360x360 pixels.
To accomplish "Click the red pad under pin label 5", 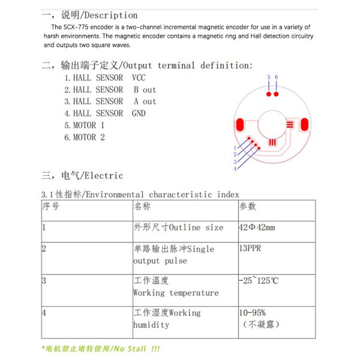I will tap(269, 94).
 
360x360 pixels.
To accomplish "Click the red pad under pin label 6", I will tap(276, 94).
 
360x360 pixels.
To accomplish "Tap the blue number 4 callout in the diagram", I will tap(235, 169).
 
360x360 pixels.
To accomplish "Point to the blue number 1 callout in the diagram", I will tap(235, 148).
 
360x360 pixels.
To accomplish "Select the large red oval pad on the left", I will tap(241, 125).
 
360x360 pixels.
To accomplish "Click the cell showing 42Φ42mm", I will tap(257, 227).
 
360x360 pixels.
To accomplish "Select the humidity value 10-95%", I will tap(253, 313).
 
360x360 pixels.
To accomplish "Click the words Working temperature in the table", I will tap(176, 293).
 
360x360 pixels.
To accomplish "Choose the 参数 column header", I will tap(248, 206).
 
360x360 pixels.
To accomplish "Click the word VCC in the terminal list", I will tap(139, 78).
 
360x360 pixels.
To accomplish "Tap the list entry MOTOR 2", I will tap(85, 137).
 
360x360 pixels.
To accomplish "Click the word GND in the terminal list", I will tap(139, 113).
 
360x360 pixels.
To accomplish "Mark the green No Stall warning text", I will tap(101, 349).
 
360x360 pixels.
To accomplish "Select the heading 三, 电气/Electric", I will tap(83, 176).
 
